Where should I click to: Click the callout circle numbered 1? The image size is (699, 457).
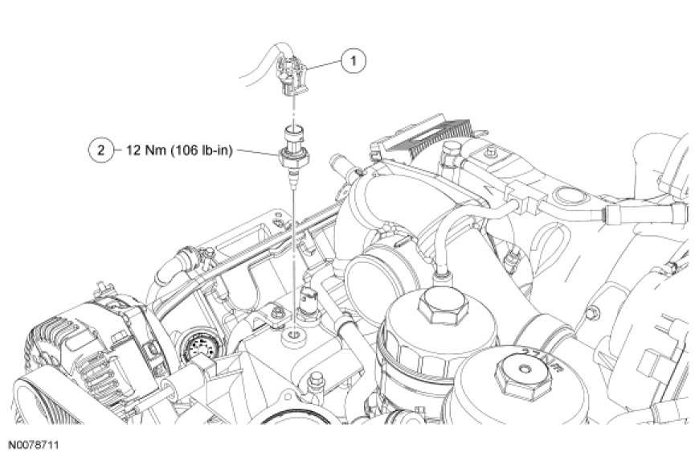coord(354,60)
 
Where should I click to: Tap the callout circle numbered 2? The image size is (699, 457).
coord(101,150)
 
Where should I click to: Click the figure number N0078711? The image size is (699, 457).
coord(34,445)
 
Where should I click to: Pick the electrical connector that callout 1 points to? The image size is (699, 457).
coord(292,75)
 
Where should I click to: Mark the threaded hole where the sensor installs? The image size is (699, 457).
coord(294,333)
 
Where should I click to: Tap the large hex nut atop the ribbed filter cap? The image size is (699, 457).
coord(444,306)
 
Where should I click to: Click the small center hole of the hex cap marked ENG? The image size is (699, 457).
coord(523,368)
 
